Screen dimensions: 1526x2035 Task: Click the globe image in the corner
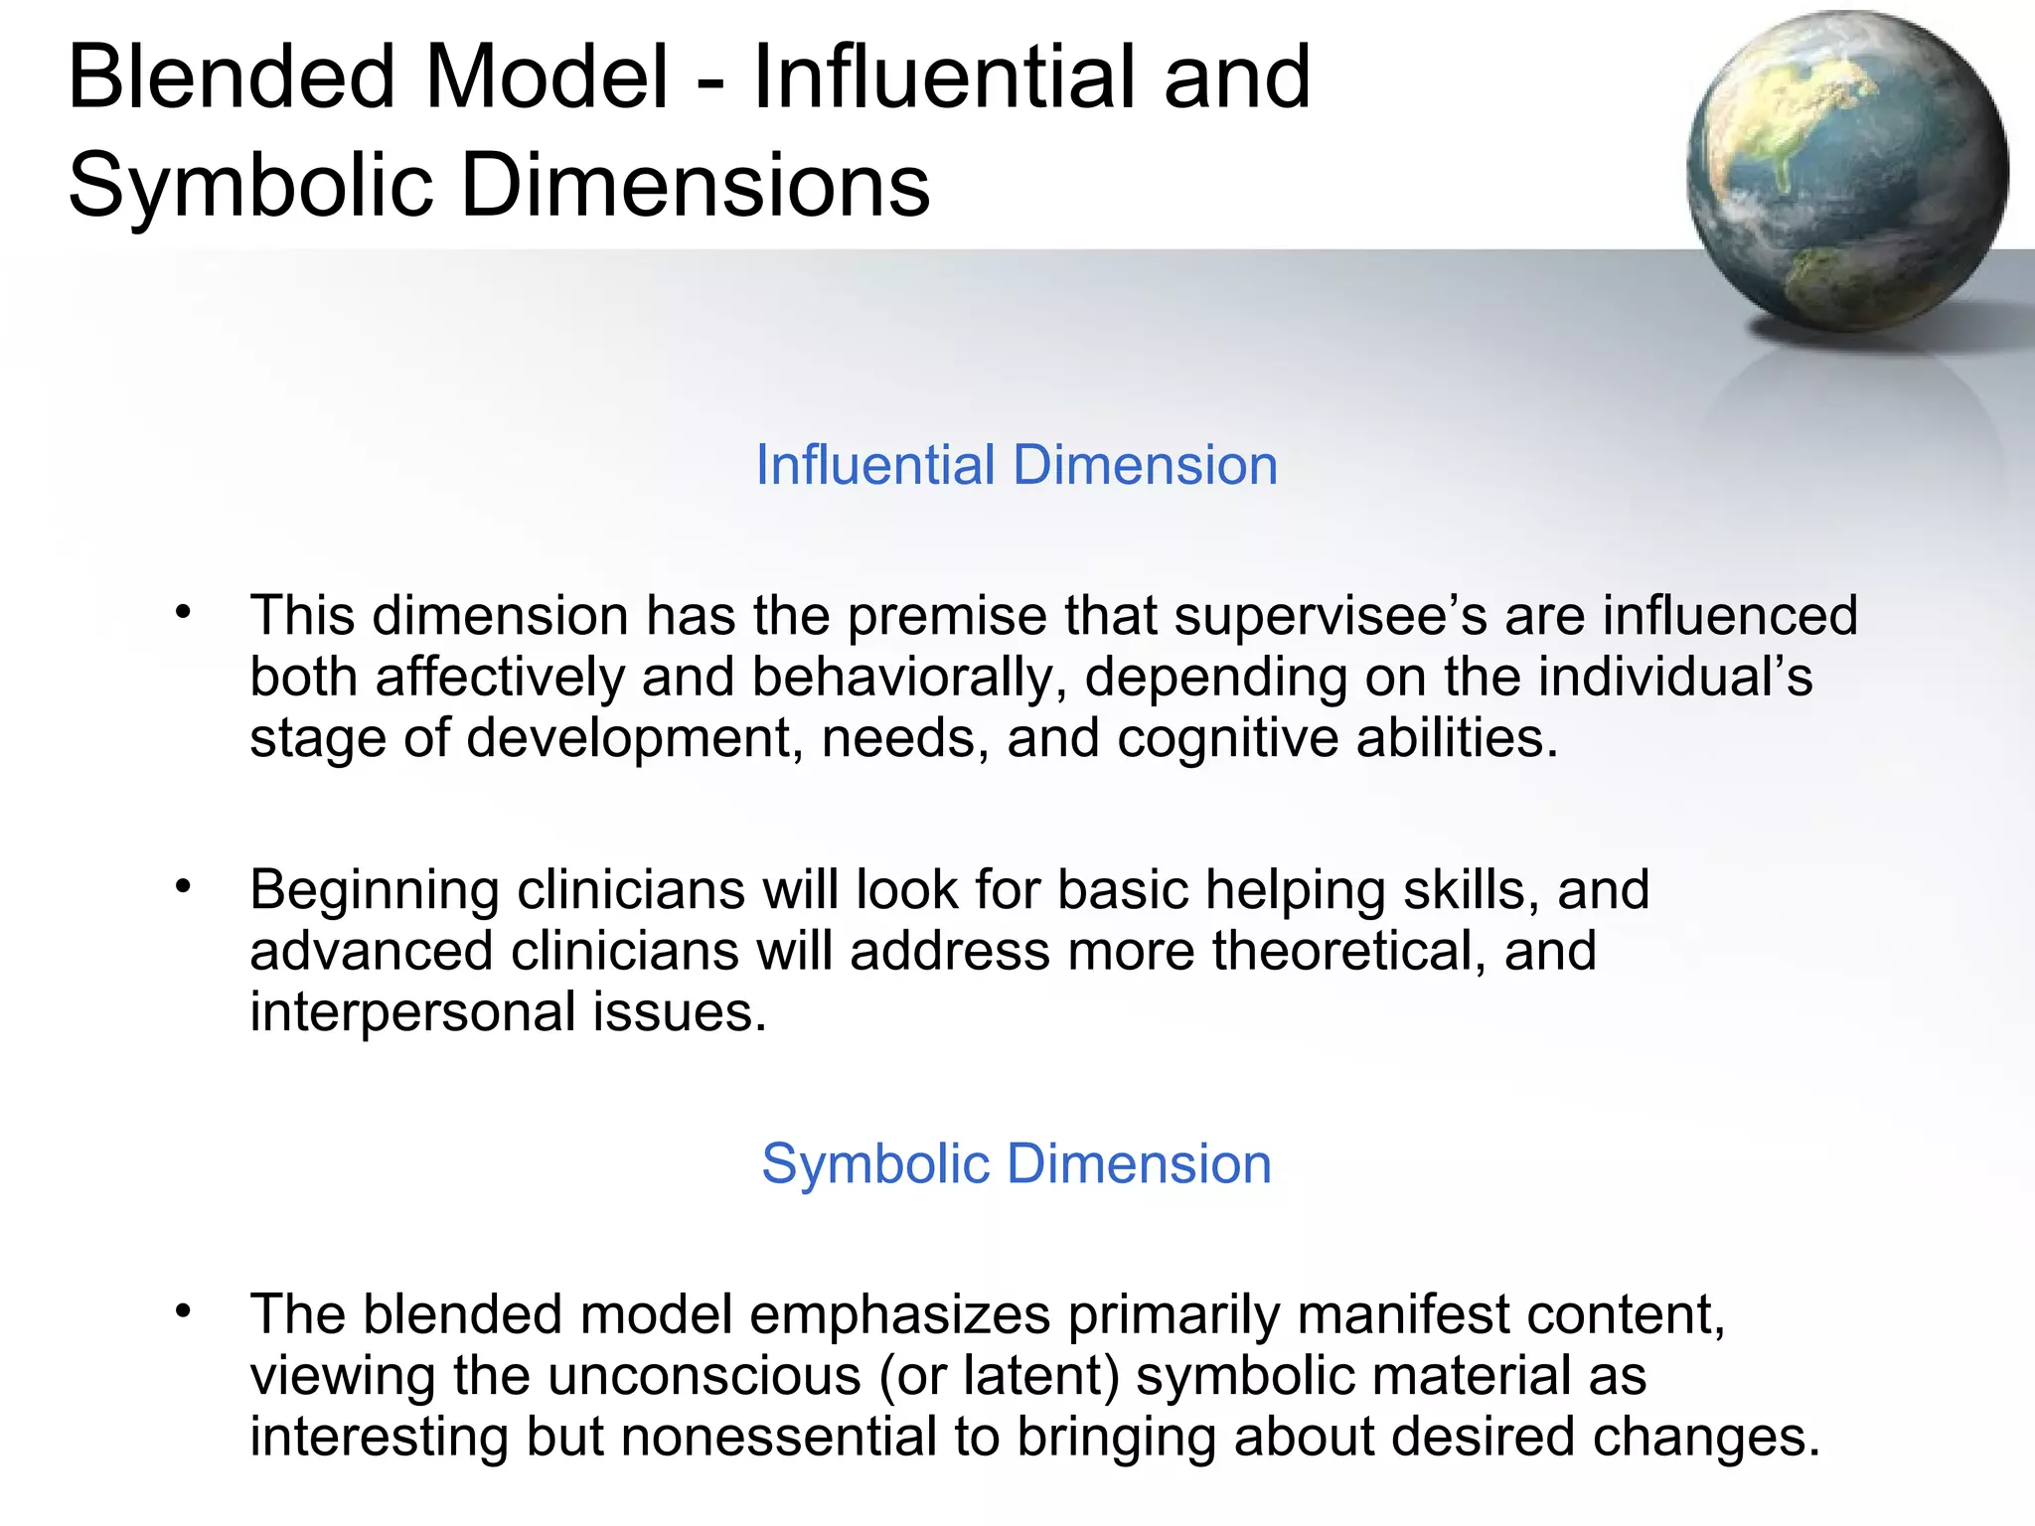[1846, 171]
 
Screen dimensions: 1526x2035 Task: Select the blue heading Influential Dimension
[1017, 465]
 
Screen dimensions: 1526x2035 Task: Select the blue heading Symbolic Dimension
[1017, 1163]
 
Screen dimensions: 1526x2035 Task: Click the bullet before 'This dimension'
[182, 612]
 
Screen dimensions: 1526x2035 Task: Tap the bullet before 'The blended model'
[182, 1311]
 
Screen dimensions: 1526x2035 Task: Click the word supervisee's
[1331, 616]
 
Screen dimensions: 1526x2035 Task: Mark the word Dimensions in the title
[696, 186]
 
